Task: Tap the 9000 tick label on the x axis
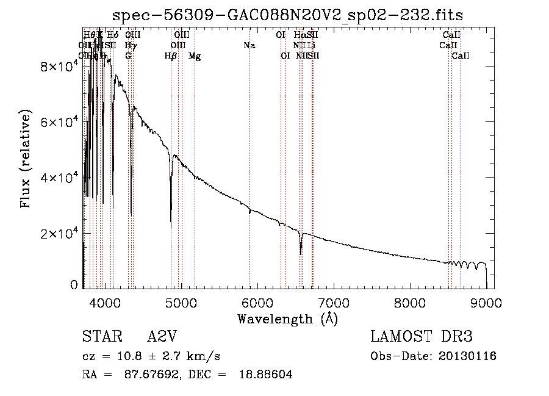coord(486,302)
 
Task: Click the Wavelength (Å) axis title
coord(287,319)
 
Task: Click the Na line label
coord(249,46)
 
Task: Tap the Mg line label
coord(195,56)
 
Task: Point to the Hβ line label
coord(171,56)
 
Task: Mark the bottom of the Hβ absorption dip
coord(171,228)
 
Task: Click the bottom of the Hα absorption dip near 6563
coord(300,253)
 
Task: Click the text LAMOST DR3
coord(422,337)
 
